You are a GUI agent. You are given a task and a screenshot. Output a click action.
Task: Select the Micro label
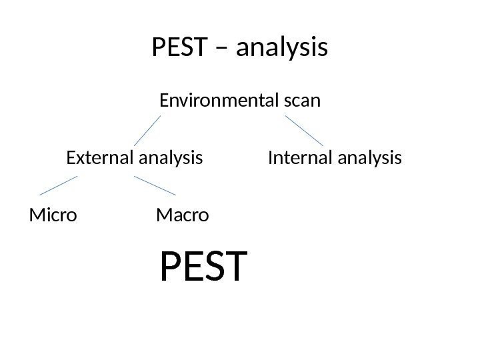[53, 215]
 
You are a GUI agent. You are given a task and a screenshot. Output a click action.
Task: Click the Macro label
[182, 215]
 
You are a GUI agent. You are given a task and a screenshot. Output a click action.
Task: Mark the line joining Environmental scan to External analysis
[147, 131]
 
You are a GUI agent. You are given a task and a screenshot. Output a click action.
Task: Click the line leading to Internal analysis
[304, 131]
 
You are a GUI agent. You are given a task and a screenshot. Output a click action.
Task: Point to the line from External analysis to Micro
[59, 185]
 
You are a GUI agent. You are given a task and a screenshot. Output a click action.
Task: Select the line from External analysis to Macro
[155, 185]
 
